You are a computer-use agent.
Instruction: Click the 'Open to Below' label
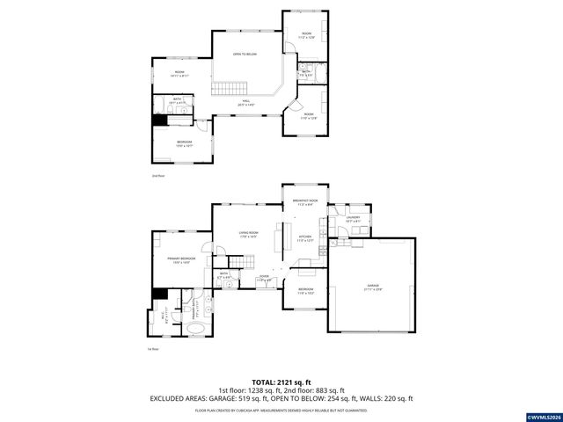point(244,55)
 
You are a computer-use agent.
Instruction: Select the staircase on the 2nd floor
point(229,88)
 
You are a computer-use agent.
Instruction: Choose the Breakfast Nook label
point(304,201)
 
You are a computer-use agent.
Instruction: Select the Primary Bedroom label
point(181,258)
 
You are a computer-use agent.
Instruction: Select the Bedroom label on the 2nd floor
point(184,143)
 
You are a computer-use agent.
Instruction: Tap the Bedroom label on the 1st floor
point(305,291)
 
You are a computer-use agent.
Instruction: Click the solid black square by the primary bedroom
point(159,294)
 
